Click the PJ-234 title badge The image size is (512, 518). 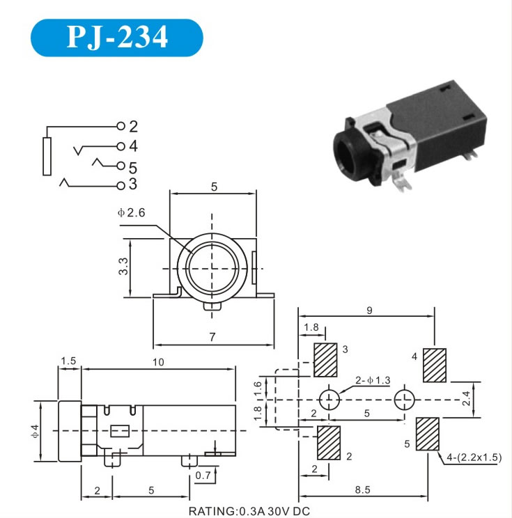116,38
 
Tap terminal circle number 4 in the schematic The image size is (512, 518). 121,146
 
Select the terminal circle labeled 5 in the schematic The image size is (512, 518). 121,166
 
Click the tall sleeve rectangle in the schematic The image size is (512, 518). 47,156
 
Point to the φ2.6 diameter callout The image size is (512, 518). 131,212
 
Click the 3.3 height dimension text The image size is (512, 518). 123,266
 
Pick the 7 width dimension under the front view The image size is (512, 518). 212,337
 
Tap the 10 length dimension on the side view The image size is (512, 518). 158,362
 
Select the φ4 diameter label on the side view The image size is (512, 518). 35,431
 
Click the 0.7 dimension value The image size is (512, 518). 203,476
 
